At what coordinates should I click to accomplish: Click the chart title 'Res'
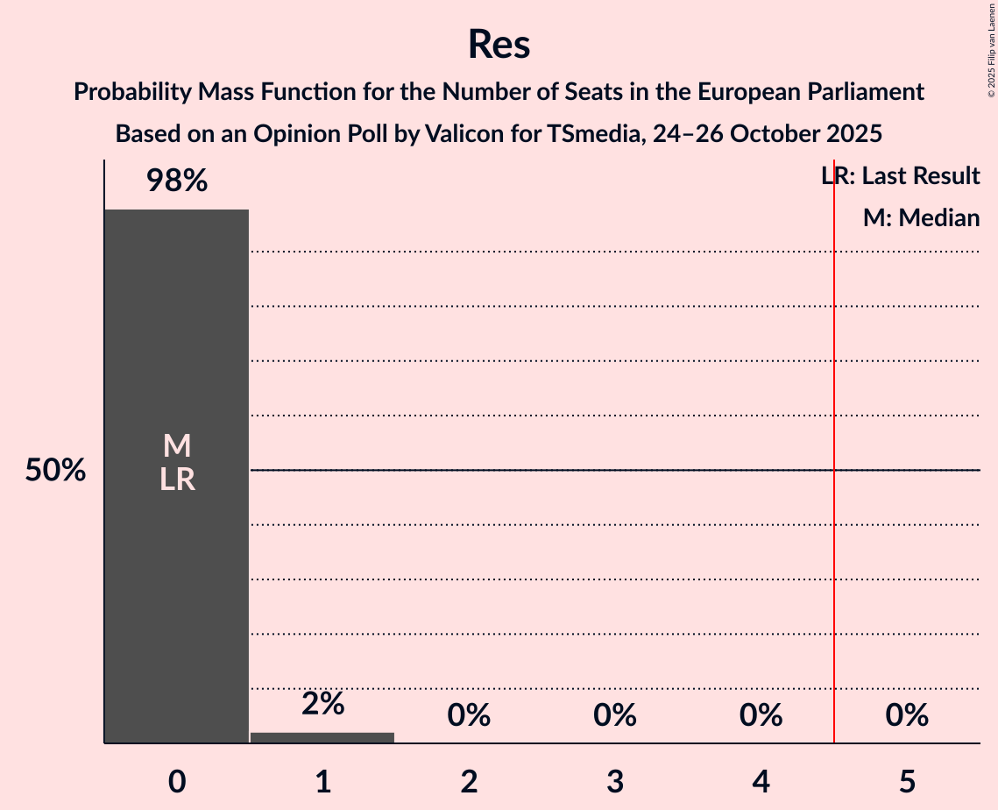[x=499, y=44]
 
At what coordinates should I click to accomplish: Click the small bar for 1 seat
[x=322, y=737]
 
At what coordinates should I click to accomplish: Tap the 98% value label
[x=177, y=181]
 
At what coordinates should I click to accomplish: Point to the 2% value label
[x=322, y=703]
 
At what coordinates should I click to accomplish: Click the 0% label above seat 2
[x=469, y=715]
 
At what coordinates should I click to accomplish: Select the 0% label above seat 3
[x=614, y=715]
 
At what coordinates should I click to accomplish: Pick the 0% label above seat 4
[x=761, y=715]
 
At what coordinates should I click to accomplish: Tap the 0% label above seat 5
[x=906, y=715]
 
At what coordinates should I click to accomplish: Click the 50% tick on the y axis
[x=55, y=471]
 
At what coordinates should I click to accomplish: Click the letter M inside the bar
[x=177, y=446]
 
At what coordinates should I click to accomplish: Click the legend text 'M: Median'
[x=921, y=218]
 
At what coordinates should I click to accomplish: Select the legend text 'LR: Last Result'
[x=900, y=176]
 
